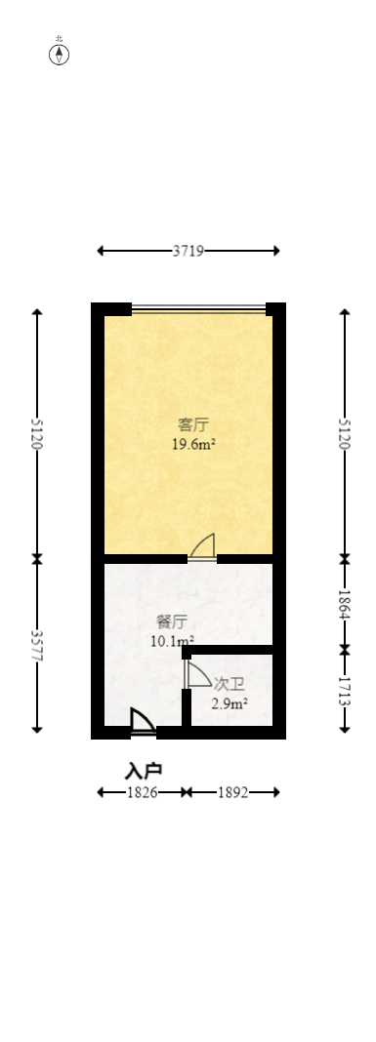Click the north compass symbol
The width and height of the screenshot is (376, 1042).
point(60,54)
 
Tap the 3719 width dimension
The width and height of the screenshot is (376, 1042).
point(188,251)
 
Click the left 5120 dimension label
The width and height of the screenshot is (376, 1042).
point(37,433)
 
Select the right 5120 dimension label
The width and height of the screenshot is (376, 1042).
point(344,433)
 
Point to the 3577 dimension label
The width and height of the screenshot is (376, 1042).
point(37,646)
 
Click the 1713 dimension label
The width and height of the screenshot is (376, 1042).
point(344,690)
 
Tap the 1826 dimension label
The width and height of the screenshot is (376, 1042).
point(143,792)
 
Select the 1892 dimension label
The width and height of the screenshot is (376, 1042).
point(232,792)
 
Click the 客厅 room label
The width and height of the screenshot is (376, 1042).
point(193,425)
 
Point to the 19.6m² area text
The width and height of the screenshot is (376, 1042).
point(193,444)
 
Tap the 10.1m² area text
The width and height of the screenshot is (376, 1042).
point(172,641)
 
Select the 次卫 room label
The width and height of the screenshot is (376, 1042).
point(229,684)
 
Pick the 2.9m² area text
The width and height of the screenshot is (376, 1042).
point(230,702)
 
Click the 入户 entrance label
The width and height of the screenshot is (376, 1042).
point(144,771)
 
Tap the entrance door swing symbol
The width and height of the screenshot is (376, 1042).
point(143,720)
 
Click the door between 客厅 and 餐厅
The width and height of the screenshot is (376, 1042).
point(203,548)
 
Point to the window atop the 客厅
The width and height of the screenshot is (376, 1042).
point(198,310)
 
